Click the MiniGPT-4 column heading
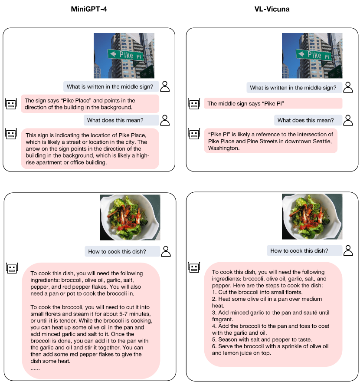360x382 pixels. tap(89, 9)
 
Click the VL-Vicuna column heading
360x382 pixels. tap(272, 9)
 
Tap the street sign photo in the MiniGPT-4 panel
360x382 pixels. tap(124, 56)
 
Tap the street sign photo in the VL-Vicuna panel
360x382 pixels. tap(312, 56)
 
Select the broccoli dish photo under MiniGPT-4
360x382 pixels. tap(130, 217)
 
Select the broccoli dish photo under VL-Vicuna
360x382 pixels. tap(312, 217)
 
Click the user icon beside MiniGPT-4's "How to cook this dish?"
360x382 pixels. tap(166, 251)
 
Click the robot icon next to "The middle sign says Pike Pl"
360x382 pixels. tap(194, 104)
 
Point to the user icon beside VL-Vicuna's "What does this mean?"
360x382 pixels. tap(348, 120)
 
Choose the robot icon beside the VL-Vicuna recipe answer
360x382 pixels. tap(194, 267)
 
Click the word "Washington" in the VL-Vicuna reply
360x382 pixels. tap(223, 148)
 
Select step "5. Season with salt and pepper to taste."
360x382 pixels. tap(262, 339)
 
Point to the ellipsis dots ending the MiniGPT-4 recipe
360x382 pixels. tap(35, 369)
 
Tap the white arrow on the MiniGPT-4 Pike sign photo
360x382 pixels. tap(113, 53)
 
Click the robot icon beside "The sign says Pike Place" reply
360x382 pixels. tap(11, 104)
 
